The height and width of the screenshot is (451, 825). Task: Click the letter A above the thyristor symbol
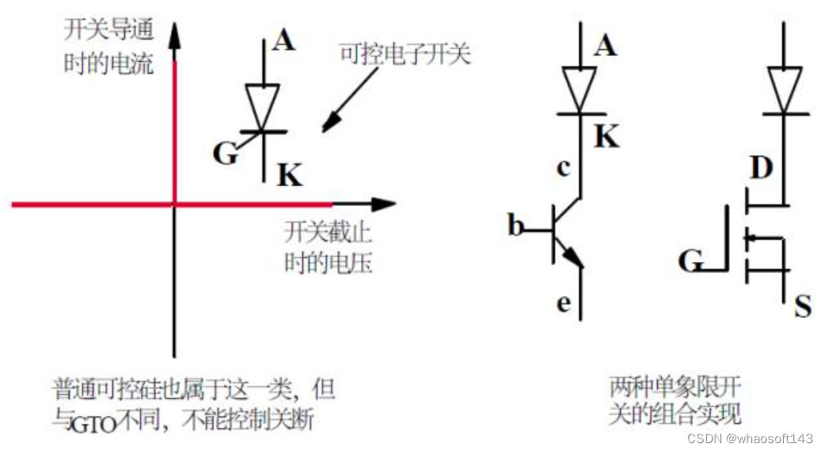coord(283,40)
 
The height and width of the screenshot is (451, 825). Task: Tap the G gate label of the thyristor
coord(226,153)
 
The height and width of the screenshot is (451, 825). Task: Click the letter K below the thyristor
coord(290,175)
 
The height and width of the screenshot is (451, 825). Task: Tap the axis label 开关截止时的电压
coord(328,249)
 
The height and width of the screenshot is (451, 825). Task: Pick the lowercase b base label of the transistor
coord(516,227)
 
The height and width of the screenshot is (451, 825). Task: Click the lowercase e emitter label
coord(564,302)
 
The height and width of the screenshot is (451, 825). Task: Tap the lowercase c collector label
coord(564,168)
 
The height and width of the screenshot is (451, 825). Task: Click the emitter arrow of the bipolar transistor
coord(574,257)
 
